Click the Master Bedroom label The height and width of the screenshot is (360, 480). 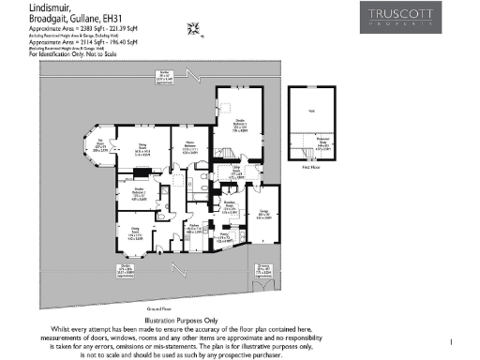[x=187, y=148]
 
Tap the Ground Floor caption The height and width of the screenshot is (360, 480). [x=157, y=307]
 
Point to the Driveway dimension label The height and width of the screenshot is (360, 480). [x=263, y=273]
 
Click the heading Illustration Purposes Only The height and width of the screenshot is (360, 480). [x=240, y=319]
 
